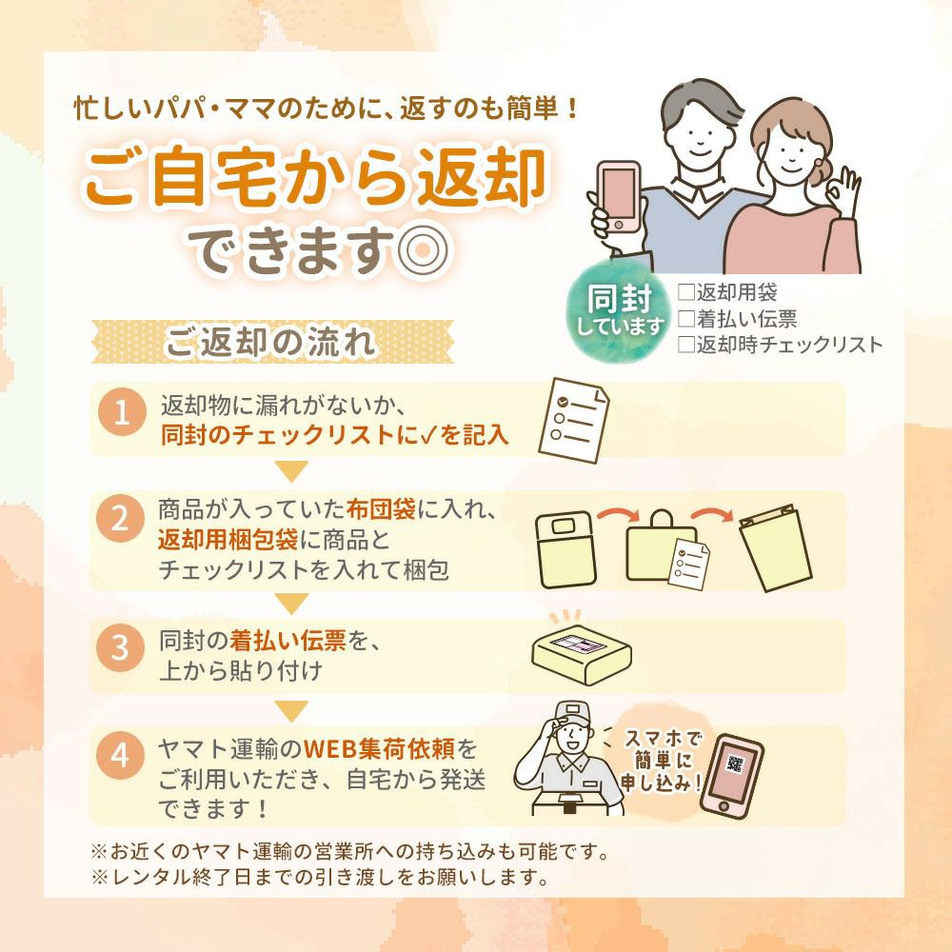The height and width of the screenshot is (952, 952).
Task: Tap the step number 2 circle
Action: (120, 518)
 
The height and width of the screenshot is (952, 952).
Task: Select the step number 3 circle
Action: (120, 646)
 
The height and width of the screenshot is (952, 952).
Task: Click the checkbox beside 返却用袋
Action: (686, 292)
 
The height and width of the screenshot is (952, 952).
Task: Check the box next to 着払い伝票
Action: (686, 318)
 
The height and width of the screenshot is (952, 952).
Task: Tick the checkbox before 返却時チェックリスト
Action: (686, 345)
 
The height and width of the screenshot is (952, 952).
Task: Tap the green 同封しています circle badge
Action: (619, 311)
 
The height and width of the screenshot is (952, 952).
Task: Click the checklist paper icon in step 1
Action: (574, 420)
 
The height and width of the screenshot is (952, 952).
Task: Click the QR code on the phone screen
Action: (735, 764)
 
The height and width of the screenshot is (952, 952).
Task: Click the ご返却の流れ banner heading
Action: (272, 342)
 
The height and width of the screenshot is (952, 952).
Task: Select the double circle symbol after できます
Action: (423, 249)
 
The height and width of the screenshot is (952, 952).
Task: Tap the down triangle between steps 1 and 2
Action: (291, 471)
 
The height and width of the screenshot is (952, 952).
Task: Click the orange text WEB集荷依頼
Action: (379, 748)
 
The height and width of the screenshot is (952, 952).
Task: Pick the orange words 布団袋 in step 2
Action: (381, 508)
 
